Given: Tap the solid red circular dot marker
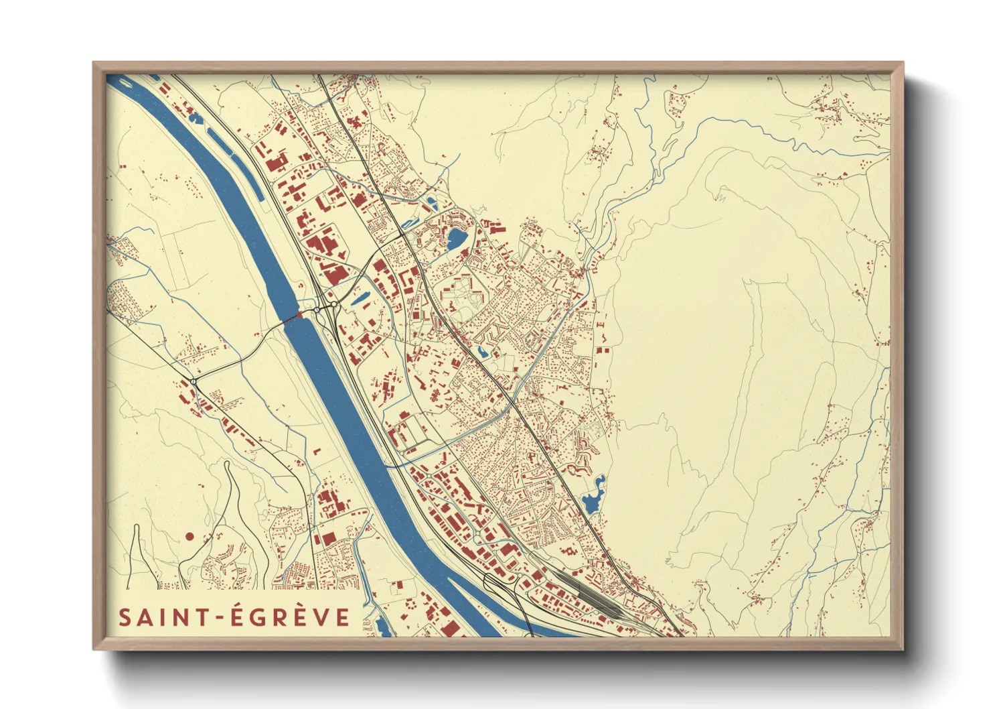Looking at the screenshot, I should (189, 536).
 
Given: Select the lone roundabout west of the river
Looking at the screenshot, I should (194, 382).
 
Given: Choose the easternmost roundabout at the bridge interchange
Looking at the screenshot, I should (333, 304).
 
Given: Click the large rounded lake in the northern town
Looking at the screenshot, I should (456, 238).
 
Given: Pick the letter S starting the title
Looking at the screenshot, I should (125, 617).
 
